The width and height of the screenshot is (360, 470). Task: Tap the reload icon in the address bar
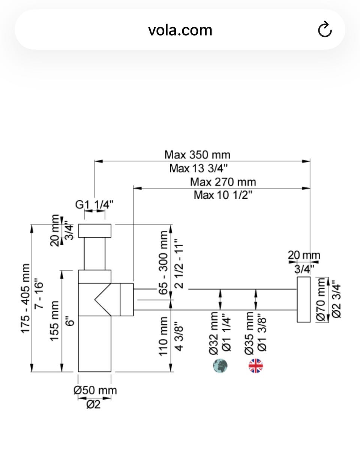(x=325, y=30)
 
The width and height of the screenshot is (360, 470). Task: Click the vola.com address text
(x=180, y=30)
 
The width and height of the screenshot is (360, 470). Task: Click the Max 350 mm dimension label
(x=197, y=155)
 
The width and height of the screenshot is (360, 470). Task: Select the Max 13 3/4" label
(x=198, y=168)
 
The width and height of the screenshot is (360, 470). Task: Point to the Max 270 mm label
(x=223, y=182)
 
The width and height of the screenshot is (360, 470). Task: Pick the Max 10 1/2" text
(x=223, y=195)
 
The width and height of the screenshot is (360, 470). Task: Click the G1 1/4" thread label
(x=94, y=205)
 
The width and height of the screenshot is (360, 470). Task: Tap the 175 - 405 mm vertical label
(x=25, y=298)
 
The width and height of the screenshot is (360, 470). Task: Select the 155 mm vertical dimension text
(x=55, y=320)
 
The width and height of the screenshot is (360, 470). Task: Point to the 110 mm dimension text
(x=163, y=336)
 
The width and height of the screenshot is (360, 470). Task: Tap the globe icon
(x=220, y=366)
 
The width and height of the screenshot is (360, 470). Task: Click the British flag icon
(x=256, y=366)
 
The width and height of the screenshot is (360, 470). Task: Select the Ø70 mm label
(x=321, y=299)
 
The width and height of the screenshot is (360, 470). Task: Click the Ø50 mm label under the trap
(x=95, y=391)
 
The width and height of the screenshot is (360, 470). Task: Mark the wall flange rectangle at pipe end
(x=304, y=299)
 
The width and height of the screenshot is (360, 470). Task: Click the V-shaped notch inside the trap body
(x=102, y=299)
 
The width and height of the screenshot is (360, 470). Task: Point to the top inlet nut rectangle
(x=94, y=231)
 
